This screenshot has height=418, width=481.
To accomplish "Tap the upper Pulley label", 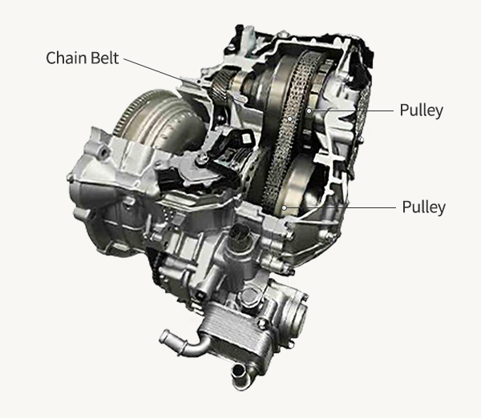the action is click(422, 111).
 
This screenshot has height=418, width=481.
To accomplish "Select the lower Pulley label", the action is click(423, 207).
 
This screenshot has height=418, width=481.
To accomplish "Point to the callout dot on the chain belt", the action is click(290, 119).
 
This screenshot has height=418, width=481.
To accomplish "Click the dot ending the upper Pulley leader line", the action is click(309, 111).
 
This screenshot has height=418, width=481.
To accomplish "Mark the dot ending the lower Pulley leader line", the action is click(285, 207).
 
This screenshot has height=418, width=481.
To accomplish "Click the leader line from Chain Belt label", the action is click(206, 88).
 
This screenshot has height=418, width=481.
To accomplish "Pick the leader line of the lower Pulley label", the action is click(340, 207).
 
